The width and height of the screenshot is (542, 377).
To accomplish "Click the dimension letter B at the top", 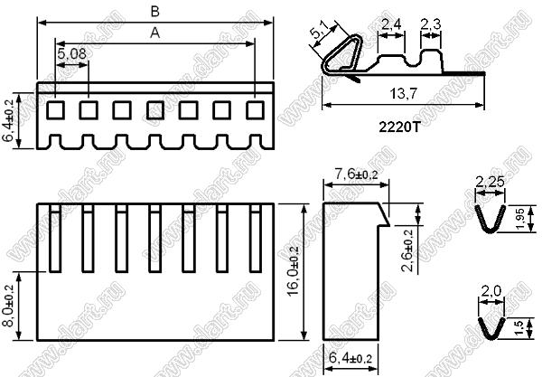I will [x=155, y=11].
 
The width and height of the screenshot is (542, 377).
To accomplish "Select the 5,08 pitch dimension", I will [x=72, y=56].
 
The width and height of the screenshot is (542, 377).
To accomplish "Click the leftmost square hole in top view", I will [x=56, y=110].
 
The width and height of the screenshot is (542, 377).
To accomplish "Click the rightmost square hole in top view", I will [x=255, y=110].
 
